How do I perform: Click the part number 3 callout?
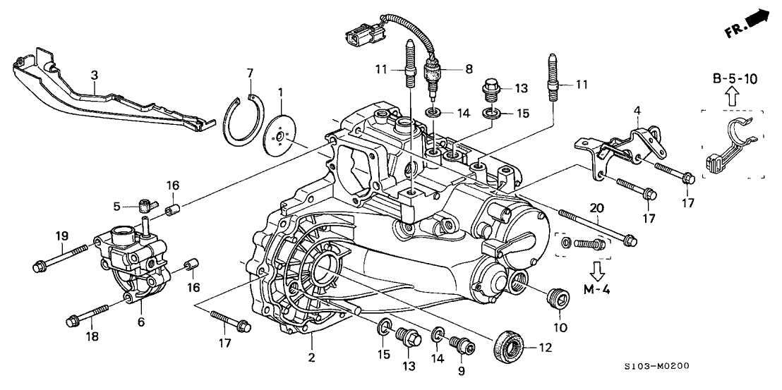pos(95,74)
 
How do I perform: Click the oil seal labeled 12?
pos(509,346)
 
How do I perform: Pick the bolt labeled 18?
pos(88,315)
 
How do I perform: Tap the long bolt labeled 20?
pos(596,227)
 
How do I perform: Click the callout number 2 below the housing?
pos(310,357)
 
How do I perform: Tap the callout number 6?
pos(141,322)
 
